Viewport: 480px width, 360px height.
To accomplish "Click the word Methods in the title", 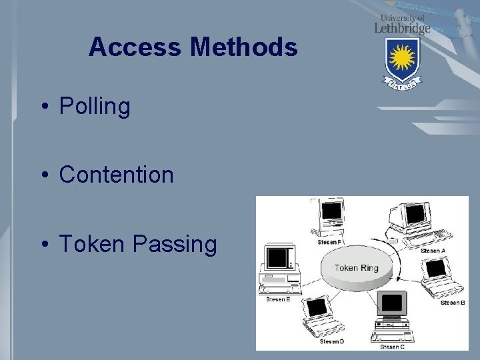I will pyautogui.click(x=243, y=47).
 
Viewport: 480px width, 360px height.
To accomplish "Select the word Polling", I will pyautogui.click(x=95, y=106).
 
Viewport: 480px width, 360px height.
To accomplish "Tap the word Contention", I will pyautogui.click(x=116, y=175).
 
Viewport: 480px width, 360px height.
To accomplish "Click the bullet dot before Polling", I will pyautogui.click(x=43, y=106).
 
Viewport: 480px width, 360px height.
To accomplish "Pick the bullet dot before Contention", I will pyautogui.click(x=43, y=175).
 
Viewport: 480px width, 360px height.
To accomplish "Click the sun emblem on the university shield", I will pyautogui.click(x=403, y=58).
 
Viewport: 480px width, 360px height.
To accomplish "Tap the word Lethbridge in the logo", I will pyautogui.click(x=402, y=28).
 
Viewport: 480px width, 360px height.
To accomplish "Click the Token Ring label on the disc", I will pyautogui.click(x=356, y=268).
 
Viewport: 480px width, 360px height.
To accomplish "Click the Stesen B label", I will pyautogui.click(x=453, y=303).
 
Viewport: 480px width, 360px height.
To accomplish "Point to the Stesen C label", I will pyautogui.click(x=392, y=347).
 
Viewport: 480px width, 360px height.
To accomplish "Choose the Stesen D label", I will pyautogui.click(x=331, y=341).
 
